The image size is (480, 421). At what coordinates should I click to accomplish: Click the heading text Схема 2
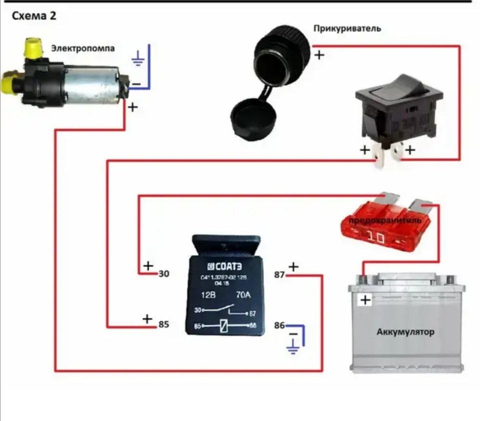(34, 16)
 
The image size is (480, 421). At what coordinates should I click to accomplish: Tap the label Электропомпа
(83, 49)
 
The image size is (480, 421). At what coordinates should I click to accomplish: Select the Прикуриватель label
(347, 28)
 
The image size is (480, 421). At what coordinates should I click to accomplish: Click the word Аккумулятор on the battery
(405, 332)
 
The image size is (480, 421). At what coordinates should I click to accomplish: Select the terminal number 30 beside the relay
(164, 274)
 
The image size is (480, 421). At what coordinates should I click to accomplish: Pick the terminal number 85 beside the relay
(163, 324)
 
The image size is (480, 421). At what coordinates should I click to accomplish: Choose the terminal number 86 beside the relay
(279, 325)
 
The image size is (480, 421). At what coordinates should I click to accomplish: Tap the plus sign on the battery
(366, 300)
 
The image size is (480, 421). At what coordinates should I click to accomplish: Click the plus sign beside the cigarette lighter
(319, 55)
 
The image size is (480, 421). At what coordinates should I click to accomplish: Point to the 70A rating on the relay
(243, 295)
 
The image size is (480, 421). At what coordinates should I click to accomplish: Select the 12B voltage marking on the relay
(206, 295)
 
